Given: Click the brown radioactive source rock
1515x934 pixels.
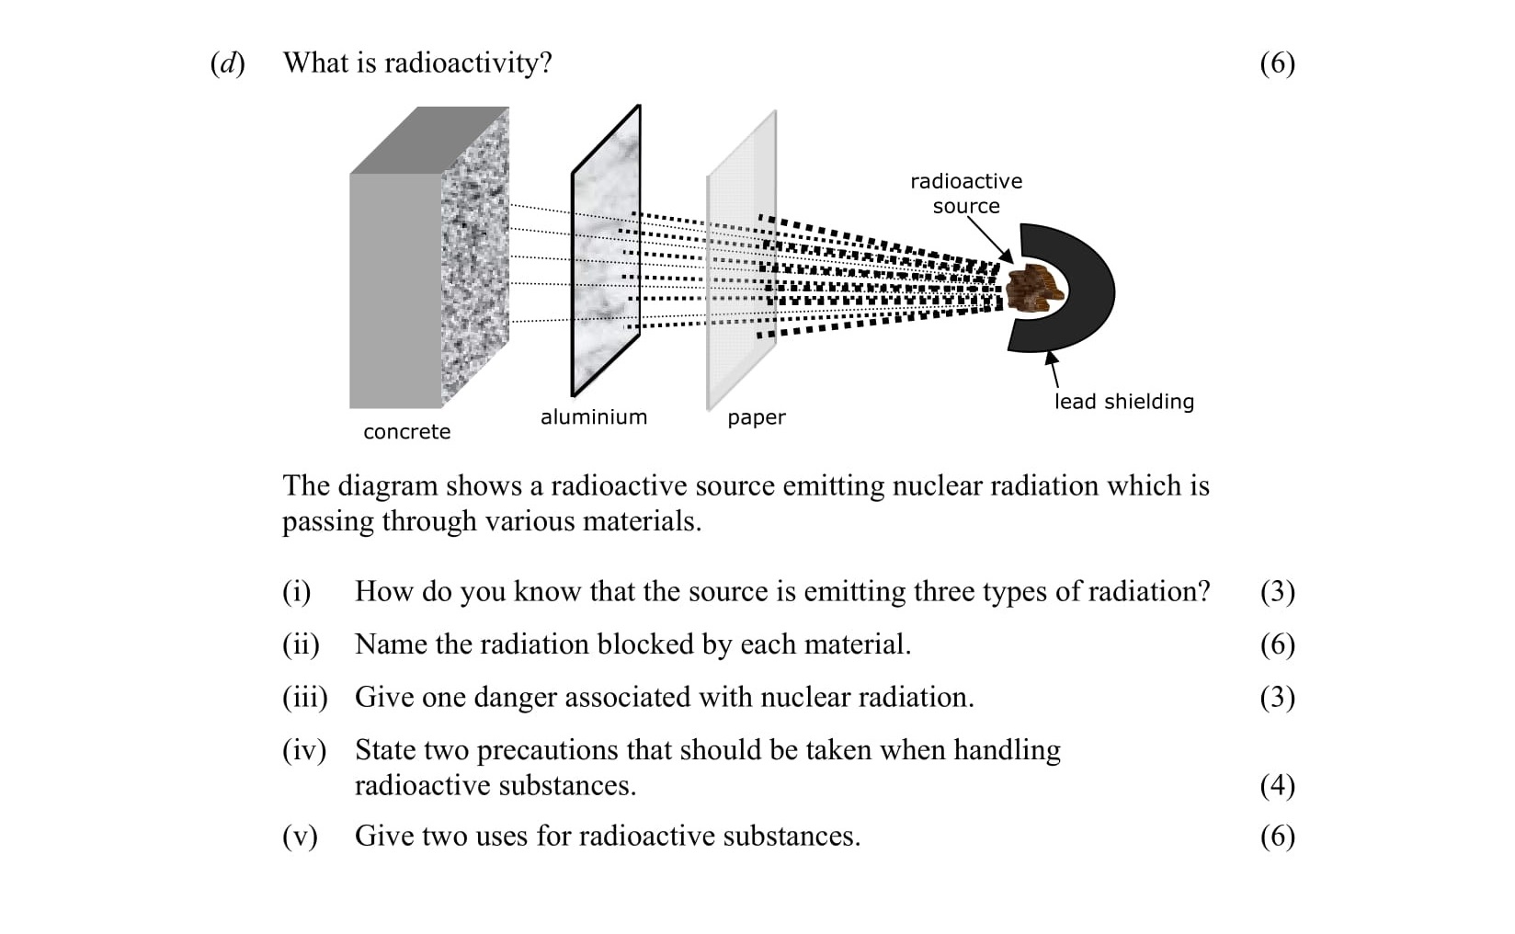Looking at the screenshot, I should [x=1033, y=287].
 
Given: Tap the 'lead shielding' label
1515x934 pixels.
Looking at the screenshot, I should [x=1123, y=402].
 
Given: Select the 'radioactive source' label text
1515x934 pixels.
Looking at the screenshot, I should [x=965, y=193].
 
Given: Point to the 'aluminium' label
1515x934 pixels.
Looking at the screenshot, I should [x=593, y=417].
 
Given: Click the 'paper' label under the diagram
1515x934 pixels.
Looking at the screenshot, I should [x=756, y=417].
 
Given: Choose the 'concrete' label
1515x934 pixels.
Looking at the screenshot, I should [x=406, y=432].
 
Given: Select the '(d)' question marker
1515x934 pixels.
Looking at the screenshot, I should [x=227, y=63].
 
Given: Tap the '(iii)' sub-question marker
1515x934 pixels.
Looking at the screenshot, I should [x=304, y=697].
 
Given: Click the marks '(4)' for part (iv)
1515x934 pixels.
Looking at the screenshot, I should [x=1277, y=785].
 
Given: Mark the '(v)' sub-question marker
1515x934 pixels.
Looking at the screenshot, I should [x=300, y=836].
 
